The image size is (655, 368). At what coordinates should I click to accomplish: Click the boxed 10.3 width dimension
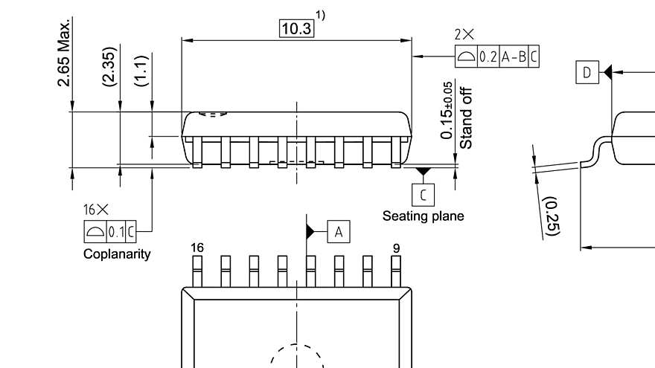[x=296, y=28]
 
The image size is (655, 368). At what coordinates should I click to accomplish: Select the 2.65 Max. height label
[x=65, y=52]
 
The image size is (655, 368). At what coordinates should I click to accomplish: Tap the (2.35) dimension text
[x=109, y=68]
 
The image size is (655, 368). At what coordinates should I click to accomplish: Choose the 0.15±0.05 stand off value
[x=447, y=110]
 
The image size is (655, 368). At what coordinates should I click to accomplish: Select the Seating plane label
[x=423, y=216]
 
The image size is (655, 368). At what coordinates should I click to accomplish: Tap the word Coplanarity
[x=117, y=254]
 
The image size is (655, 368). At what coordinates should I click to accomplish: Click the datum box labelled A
[x=338, y=232]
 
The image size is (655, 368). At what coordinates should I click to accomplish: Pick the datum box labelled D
[x=587, y=72]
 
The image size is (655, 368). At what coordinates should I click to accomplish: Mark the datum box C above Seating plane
[x=423, y=195]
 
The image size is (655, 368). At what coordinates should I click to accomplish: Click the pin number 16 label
[x=197, y=246]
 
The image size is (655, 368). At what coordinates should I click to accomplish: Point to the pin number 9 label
[x=396, y=246]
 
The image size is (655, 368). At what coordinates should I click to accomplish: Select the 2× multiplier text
[x=464, y=35]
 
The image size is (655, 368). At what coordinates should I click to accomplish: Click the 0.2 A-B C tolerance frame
[x=496, y=57]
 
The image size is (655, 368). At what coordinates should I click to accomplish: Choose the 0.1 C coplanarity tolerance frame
[x=109, y=231]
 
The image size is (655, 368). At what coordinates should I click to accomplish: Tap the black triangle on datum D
[x=607, y=72]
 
